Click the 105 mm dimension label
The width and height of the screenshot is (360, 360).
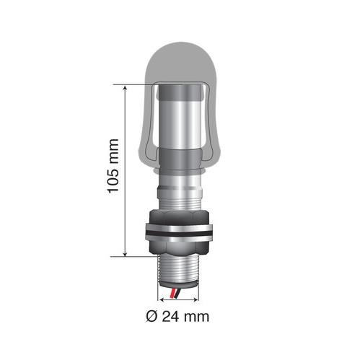113,166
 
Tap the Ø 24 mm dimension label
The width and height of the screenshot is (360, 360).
177,317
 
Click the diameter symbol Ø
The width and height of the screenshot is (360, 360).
152,317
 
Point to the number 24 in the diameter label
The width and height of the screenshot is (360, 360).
170,317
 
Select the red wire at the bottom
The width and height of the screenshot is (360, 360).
172,294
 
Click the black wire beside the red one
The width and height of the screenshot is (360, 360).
178,293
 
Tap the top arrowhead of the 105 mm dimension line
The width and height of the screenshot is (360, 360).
125,88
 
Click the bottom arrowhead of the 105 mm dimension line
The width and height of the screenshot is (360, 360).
125,253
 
